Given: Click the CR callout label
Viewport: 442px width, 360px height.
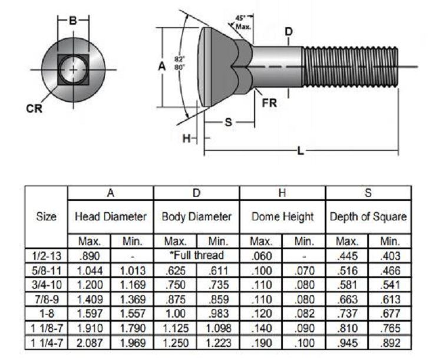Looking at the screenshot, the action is tap(34, 108).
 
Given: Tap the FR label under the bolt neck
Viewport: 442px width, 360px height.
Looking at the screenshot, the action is tap(269, 103).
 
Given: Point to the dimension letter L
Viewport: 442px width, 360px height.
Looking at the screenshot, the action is tap(301, 151).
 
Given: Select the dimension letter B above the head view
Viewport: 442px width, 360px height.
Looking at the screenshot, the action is tap(73, 21).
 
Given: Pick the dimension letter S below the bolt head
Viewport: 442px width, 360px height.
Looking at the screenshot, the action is tap(229, 123).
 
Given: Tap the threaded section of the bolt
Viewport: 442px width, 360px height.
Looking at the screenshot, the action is tap(351, 67).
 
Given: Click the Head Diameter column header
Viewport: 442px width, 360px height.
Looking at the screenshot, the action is tap(111, 216).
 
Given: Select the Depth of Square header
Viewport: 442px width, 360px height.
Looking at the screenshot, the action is tap(368, 216).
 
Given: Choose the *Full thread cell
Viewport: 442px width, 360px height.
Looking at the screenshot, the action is tap(196, 255).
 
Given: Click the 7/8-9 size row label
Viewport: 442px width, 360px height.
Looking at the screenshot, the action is tap(47, 299).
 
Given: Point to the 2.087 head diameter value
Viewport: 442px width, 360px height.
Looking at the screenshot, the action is tap(90, 343).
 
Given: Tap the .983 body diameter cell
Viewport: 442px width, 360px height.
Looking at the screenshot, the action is tap(218, 313).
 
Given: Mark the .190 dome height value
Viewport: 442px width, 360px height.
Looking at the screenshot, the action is tap(261, 343).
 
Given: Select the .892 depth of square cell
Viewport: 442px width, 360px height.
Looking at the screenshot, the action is tap(390, 343).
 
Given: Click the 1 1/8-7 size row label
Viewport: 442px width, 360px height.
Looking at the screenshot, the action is tap(47, 328).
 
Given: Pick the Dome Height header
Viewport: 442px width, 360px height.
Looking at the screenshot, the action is tap(282, 216).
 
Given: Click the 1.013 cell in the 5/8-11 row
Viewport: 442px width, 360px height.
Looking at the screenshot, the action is tap(133, 270).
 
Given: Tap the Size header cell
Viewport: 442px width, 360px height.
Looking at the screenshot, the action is tap(46, 216).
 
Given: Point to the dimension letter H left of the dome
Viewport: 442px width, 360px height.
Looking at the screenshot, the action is tap(187, 138).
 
